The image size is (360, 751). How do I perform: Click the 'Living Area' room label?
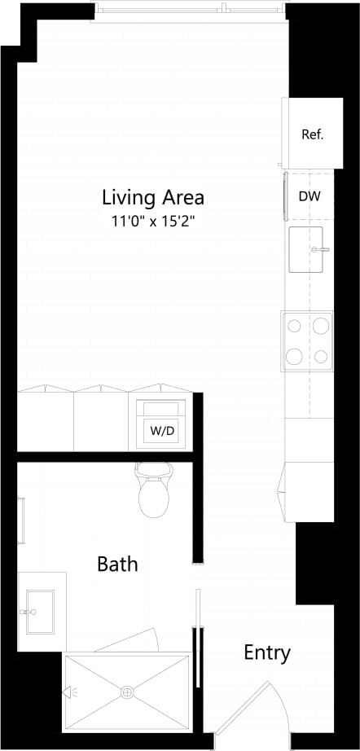[152, 197]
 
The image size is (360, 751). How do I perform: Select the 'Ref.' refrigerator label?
[312, 134]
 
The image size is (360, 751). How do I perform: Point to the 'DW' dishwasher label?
[309, 196]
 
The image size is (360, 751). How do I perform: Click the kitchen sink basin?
[308, 249]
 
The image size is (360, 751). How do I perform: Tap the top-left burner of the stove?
[295, 327]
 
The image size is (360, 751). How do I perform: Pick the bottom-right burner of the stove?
[321, 356]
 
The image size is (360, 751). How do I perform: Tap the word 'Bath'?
[117, 564]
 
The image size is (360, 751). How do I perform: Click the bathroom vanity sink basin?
[37, 611]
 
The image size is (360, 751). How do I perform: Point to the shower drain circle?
[127, 692]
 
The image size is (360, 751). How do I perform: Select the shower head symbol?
[68, 693]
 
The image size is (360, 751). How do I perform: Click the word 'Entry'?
[266, 652]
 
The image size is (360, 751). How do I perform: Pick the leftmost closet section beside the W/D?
[46, 419]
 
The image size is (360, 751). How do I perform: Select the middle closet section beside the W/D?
[102, 419]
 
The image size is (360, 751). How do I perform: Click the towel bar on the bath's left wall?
[22, 520]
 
